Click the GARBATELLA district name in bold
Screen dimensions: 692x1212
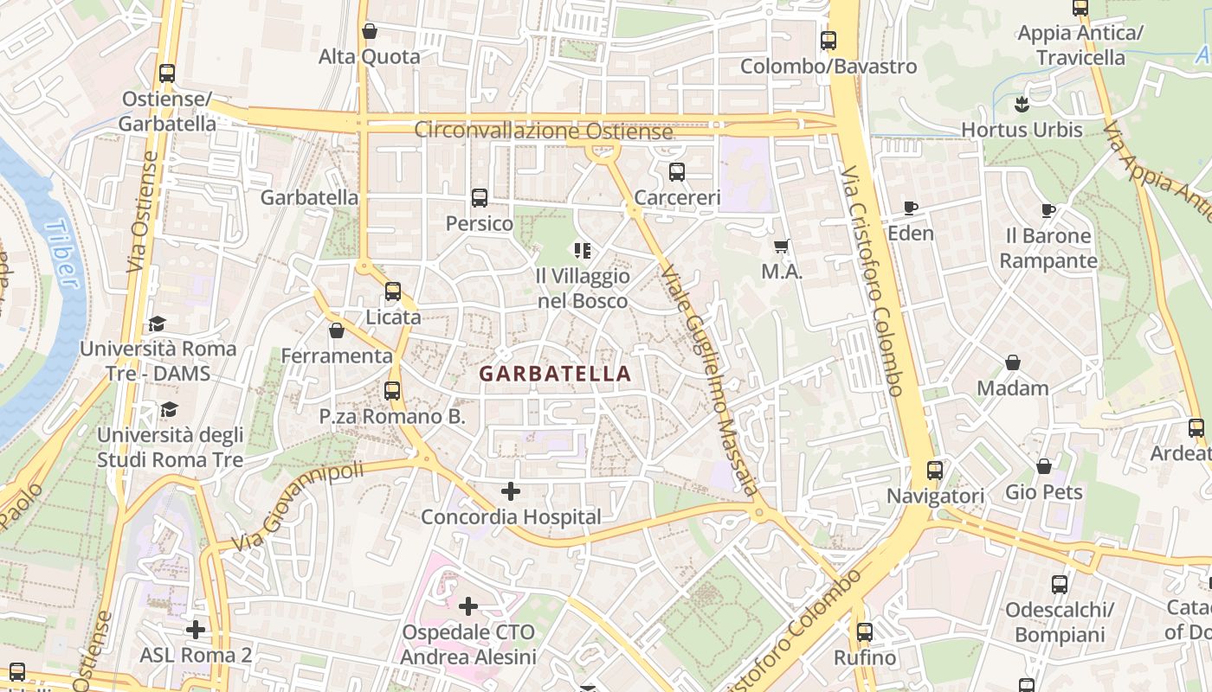[555, 374]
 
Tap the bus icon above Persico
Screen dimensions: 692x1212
[480, 198]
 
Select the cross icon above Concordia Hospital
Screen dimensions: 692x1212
[511, 491]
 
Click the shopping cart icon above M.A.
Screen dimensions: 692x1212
[782, 247]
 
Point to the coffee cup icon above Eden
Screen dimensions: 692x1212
[910, 208]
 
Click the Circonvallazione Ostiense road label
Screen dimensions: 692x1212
[543, 131]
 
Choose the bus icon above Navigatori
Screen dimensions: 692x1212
[935, 471]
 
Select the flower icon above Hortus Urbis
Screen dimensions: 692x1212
[1022, 105]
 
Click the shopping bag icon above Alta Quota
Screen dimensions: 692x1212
[370, 31]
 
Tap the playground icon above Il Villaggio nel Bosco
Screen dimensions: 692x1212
[583, 251]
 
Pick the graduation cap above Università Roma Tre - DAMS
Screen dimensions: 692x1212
[157, 324]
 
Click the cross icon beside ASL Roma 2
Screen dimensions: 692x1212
[196, 629]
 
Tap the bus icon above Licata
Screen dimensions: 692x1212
[393, 292]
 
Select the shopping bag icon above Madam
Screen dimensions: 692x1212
[1013, 362]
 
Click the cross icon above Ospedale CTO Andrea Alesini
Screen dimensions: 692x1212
[468, 606]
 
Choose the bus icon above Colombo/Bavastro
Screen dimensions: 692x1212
[828, 41]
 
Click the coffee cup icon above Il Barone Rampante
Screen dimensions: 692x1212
[1048, 210]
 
